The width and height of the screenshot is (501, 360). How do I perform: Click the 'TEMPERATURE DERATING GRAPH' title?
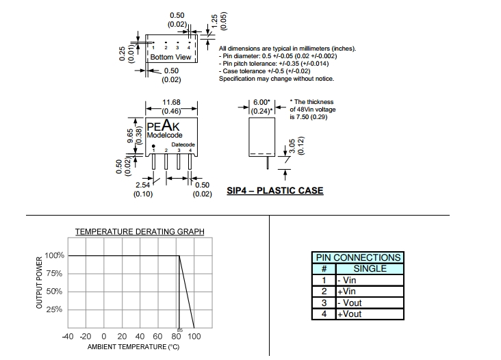(x=140, y=232)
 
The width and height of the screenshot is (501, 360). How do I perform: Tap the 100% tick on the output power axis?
(x=55, y=256)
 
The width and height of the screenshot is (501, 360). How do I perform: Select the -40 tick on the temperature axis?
(x=68, y=337)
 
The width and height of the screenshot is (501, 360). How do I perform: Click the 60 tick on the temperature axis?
(x=157, y=337)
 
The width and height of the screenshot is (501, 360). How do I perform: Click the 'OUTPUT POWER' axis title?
(x=39, y=283)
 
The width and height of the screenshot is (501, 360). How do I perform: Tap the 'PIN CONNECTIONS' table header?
(x=357, y=258)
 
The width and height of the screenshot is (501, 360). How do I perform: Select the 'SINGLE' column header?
(x=369, y=269)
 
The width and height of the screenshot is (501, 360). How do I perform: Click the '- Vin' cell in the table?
(x=347, y=281)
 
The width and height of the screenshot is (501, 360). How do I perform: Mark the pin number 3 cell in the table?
(x=324, y=303)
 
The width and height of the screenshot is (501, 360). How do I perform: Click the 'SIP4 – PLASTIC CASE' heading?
(x=275, y=191)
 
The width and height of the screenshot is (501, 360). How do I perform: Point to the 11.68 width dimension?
(x=171, y=102)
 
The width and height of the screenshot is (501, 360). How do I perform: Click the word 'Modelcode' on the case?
(x=164, y=136)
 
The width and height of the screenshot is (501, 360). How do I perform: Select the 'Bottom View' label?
(x=171, y=57)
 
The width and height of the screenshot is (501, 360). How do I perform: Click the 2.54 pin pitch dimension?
(x=143, y=185)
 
